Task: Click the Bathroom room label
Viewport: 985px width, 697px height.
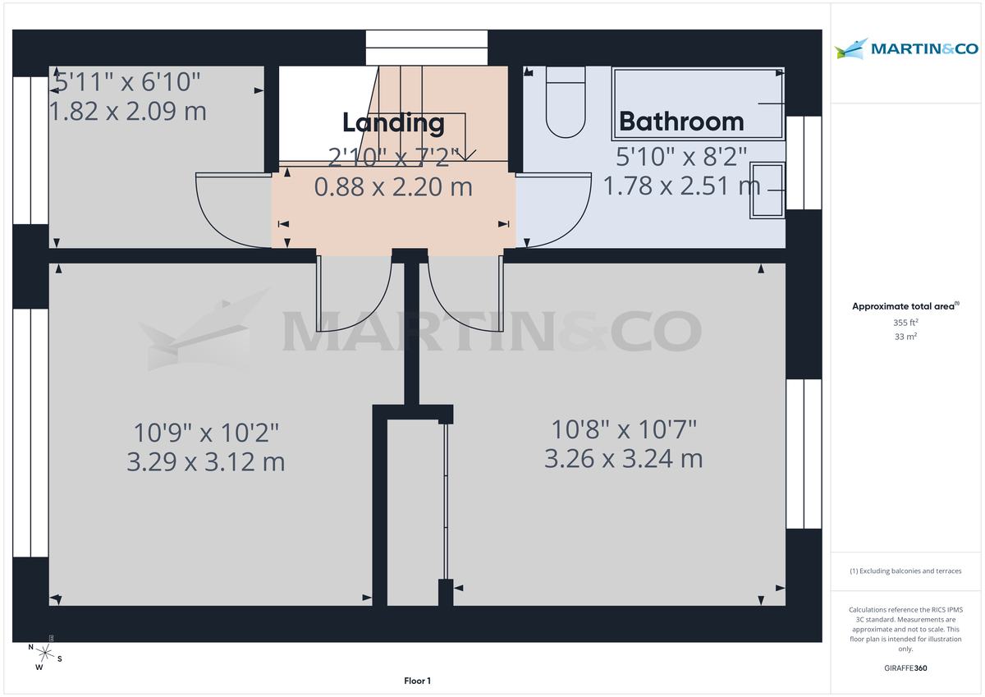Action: pos(681,122)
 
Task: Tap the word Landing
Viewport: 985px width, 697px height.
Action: pos(393,123)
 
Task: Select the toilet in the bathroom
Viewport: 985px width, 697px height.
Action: pos(565,103)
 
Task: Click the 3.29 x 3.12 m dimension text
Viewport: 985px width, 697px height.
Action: pos(206,461)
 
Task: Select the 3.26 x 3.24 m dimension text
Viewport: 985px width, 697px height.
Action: pos(624,458)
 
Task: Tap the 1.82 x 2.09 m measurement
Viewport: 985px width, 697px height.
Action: pos(129,111)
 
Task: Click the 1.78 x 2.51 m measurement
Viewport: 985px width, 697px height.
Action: pos(682,186)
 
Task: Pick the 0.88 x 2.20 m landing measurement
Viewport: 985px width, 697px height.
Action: pos(393,186)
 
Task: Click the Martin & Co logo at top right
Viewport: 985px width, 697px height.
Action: pos(906,49)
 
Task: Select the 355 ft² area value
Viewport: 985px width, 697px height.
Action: pos(905,323)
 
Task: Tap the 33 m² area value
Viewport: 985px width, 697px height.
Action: pos(905,337)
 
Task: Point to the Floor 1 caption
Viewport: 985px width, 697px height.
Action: pos(417,681)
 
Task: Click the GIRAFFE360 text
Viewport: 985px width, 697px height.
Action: pos(905,668)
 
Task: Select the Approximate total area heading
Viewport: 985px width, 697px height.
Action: pos(905,306)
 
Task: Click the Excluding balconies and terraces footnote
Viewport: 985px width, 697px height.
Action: pos(905,571)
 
